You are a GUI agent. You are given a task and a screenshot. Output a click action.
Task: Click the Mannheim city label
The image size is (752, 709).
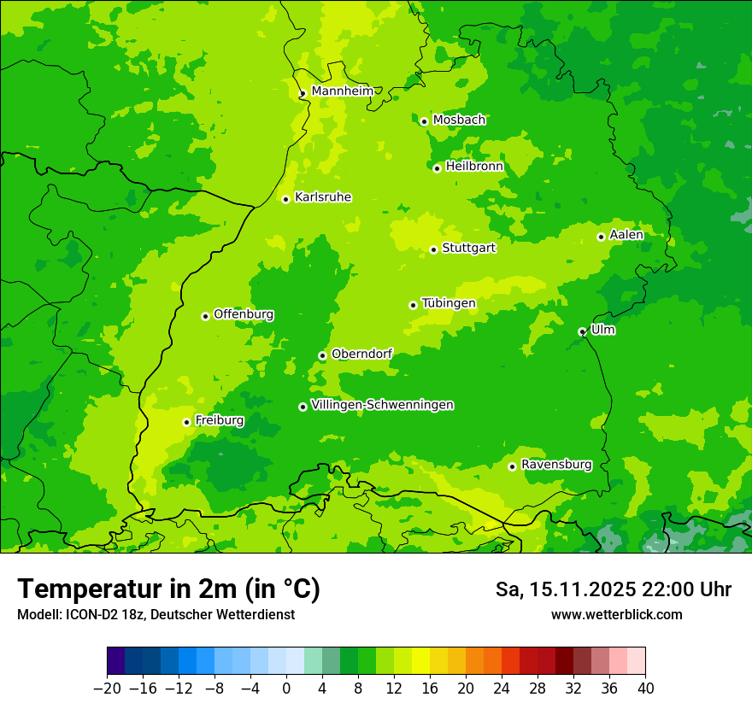pyautogui.click(x=342, y=91)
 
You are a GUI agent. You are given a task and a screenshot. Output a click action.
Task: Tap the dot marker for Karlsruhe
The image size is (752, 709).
pyautogui.click(x=286, y=199)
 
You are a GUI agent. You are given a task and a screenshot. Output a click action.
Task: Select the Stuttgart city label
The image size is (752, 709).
pyautogui.click(x=468, y=248)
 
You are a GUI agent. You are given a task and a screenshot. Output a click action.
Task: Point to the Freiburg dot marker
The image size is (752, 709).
pyautogui.click(x=186, y=422)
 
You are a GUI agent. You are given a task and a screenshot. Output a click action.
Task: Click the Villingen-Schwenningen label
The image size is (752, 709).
pyautogui.click(x=382, y=405)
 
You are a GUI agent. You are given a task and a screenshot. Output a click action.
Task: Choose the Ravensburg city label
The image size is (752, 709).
pyautogui.click(x=556, y=465)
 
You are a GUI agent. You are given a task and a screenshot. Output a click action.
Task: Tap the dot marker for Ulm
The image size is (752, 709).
pyautogui.click(x=582, y=331)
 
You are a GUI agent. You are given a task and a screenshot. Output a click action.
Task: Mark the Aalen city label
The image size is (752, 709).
pyautogui.click(x=626, y=235)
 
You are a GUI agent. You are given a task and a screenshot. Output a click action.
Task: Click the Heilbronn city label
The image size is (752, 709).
pyautogui.click(x=474, y=167)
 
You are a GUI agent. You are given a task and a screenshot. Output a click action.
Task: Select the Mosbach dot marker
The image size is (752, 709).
pyautogui.click(x=424, y=121)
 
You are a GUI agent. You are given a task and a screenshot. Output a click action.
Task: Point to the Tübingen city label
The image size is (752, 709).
pyautogui.click(x=449, y=303)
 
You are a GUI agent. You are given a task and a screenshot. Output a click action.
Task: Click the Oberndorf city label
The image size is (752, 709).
pyautogui.click(x=361, y=354)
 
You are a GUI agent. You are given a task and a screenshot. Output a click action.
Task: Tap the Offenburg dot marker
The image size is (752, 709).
pyautogui.click(x=205, y=316)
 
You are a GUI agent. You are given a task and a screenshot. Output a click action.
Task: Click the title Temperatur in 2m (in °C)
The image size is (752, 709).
pyautogui.click(x=168, y=589)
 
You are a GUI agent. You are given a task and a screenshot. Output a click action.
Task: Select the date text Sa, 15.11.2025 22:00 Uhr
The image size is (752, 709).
pyautogui.click(x=613, y=589)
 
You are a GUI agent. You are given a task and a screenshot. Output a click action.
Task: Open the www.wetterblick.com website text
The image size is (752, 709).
pyautogui.click(x=616, y=614)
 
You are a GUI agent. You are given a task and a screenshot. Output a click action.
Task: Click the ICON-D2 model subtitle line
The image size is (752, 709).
pyautogui.click(x=156, y=614)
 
